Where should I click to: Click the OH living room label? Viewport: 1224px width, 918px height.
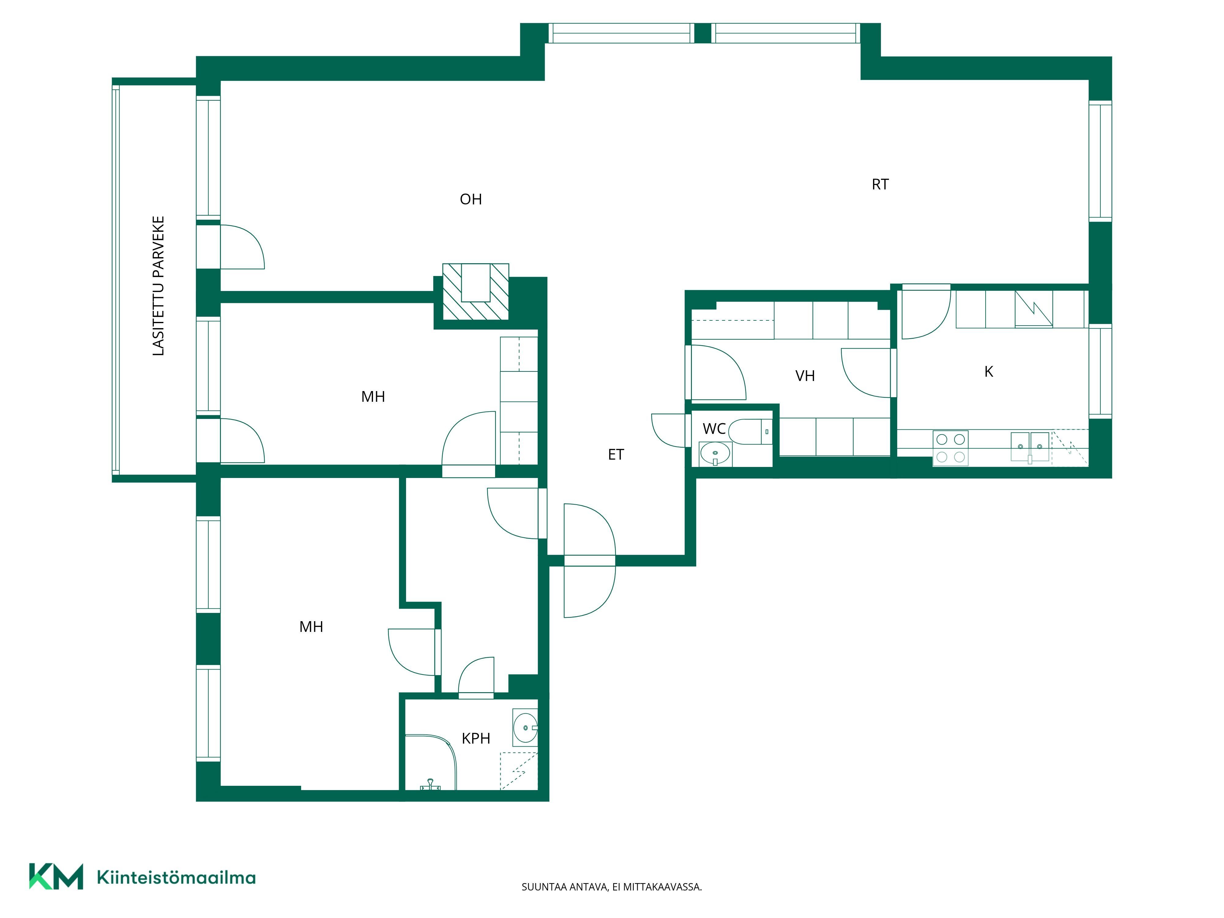(471, 199)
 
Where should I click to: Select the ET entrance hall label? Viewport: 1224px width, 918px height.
(616, 454)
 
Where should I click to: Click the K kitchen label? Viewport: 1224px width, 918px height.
(989, 372)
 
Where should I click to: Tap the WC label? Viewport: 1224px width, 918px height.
(714, 428)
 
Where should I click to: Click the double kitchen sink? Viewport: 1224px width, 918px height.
(1030, 446)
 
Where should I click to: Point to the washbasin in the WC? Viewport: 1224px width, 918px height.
(715, 454)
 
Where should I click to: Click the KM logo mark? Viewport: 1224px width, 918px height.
(56, 876)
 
